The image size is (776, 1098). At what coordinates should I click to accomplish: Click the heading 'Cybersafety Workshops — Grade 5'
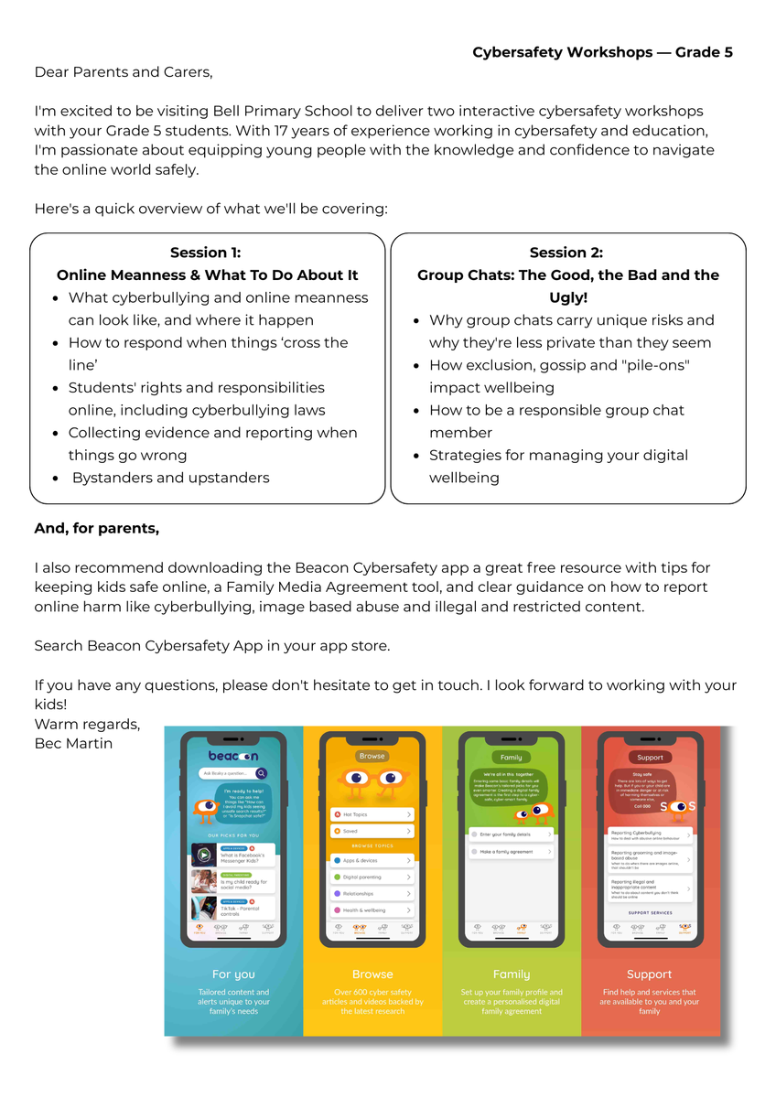[602, 52]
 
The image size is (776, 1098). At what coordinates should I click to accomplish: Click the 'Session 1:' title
[206, 253]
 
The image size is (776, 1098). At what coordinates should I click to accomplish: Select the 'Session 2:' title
[566, 253]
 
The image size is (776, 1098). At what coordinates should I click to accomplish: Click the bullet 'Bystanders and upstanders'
[170, 478]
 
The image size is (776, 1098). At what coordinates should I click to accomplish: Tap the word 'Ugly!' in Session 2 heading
[568, 297]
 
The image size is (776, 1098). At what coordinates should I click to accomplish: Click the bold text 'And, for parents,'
[96, 528]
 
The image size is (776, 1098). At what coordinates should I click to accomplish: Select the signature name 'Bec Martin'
[73, 743]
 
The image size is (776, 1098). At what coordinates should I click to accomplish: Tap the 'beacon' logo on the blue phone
[233, 756]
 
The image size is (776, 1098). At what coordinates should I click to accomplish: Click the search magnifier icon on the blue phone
[262, 774]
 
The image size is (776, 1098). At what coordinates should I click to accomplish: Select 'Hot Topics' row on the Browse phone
[372, 814]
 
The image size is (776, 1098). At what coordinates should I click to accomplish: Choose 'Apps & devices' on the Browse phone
[372, 860]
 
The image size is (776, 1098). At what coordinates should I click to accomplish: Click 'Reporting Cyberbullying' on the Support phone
[649, 834]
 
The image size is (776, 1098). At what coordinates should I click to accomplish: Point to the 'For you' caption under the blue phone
[233, 974]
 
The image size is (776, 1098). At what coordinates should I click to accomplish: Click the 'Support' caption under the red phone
[650, 974]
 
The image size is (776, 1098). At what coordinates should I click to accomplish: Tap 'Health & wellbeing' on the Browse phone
[372, 910]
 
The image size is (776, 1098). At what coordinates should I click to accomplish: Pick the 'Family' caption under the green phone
[511, 974]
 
